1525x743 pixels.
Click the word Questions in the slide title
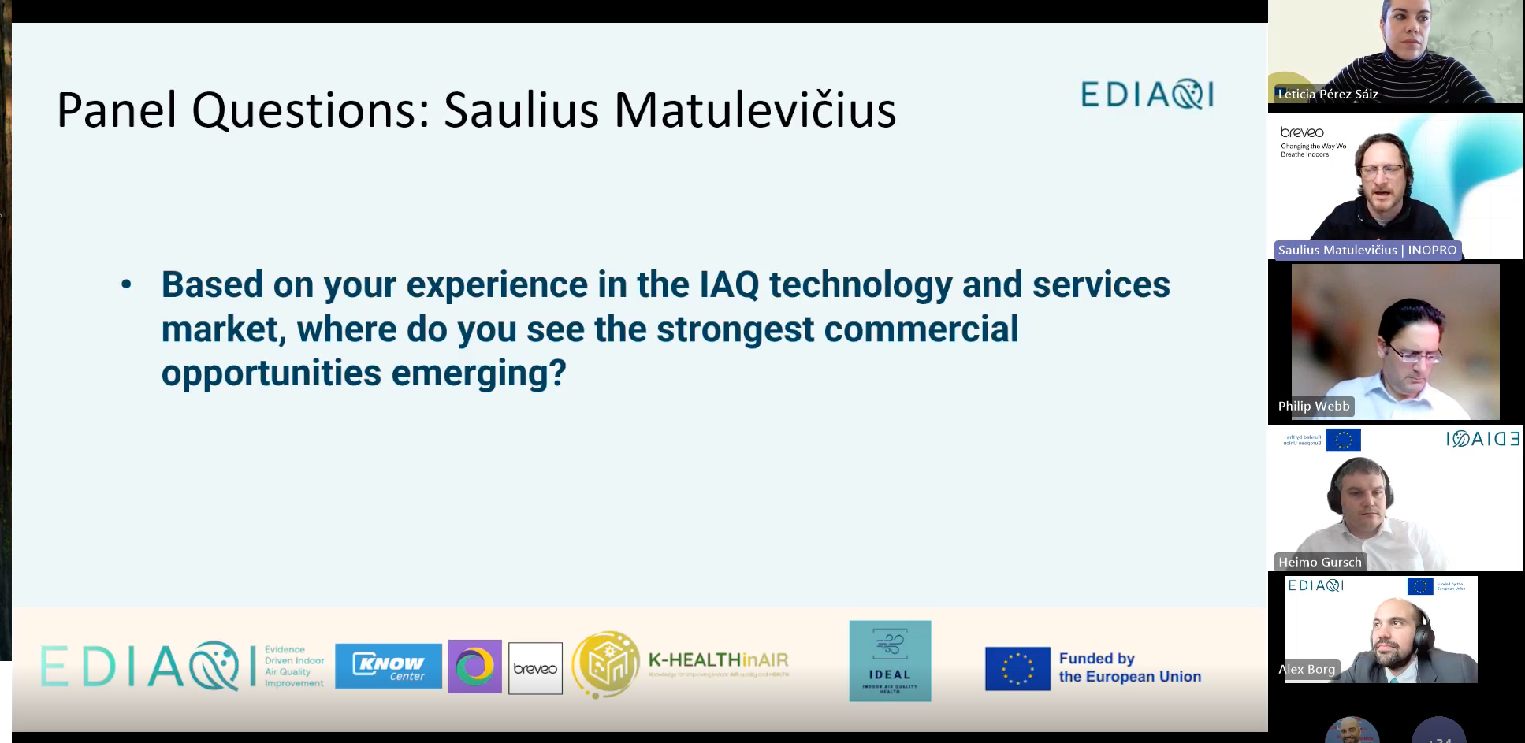pyautogui.click(x=311, y=110)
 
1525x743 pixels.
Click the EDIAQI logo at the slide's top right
pyautogui.click(x=1147, y=95)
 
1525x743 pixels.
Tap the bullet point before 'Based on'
pyautogui.click(x=126, y=285)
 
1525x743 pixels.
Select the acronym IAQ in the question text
pyautogui.click(x=729, y=285)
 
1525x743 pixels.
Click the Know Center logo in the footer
pyautogui.click(x=389, y=667)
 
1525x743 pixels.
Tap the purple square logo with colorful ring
pyautogui.click(x=474, y=667)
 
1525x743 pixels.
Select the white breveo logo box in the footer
pyautogui.click(x=535, y=668)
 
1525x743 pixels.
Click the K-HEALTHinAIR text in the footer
pyautogui.click(x=718, y=660)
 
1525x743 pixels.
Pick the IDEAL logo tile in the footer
pyautogui.click(x=890, y=661)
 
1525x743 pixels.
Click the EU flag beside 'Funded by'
pyautogui.click(x=1017, y=668)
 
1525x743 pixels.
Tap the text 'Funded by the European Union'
pyautogui.click(x=1129, y=667)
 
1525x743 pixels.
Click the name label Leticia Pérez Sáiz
pyautogui.click(x=1327, y=94)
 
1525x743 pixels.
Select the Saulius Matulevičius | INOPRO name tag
pyautogui.click(x=1367, y=250)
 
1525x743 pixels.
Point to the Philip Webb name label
pyautogui.click(x=1314, y=406)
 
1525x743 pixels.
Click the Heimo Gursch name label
pyautogui.click(x=1319, y=562)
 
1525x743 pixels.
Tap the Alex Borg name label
pyautogui.click(x=1307, y=669)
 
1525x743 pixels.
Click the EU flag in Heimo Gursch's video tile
pyautogui.click(x=1343, y=440)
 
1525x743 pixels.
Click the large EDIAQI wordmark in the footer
pyautogui.click(x=147, y=667)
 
